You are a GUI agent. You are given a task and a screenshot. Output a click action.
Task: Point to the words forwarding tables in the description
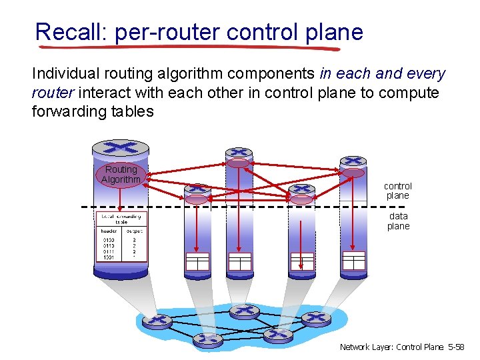coord(93,111)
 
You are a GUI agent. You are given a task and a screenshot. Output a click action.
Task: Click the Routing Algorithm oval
coord(121,175)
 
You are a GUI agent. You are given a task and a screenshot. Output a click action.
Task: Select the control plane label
coord(397,191)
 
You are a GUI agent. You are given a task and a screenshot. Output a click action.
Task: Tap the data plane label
coord(398,221)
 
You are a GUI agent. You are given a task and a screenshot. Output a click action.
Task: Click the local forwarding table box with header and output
coord(121,237)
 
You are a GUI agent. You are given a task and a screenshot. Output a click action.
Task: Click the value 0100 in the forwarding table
coord(109,240)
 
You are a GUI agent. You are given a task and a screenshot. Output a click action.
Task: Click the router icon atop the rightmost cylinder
coord(353,161)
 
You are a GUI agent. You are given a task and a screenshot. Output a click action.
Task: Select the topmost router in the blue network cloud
coord(244,311)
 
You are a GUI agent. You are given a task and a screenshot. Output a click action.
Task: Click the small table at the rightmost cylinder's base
coord(353,260)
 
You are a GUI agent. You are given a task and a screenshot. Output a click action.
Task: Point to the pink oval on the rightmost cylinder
coord(353,173)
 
